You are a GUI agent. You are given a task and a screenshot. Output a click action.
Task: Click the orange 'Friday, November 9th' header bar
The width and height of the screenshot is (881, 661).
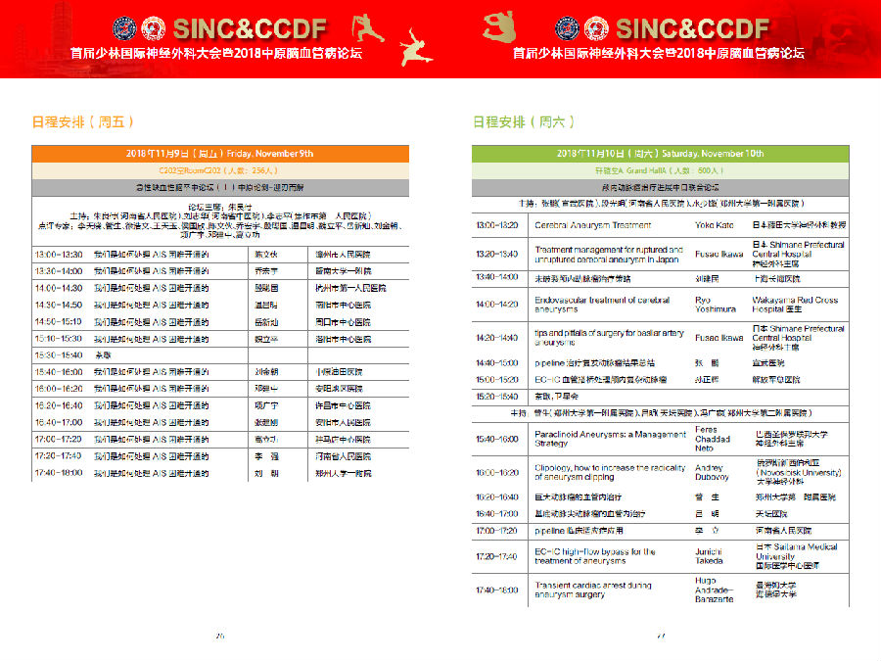point(219,154)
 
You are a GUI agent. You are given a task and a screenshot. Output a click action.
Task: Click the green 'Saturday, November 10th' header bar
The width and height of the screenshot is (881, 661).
point(660,154)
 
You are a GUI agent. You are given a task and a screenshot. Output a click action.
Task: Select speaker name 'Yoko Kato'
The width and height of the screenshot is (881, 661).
point(714,225)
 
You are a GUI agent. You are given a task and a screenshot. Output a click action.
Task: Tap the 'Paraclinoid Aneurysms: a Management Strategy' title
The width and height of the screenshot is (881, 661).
point(610,438)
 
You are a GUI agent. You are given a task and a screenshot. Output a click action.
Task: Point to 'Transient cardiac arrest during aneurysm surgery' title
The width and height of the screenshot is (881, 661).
point(592,590)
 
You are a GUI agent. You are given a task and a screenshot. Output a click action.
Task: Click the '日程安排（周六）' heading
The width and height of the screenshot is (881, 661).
point(524,122)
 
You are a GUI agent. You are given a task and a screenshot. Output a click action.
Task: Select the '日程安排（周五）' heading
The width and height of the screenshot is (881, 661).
point(82,122)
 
